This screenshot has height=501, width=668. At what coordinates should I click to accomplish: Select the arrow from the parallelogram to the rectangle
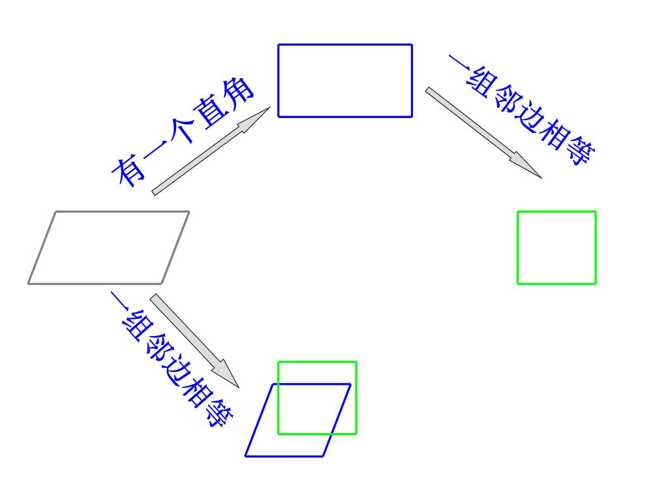[211, 151]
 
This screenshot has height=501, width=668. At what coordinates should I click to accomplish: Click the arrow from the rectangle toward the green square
[483, 133]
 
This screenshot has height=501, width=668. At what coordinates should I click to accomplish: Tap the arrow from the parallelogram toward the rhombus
[194, 341]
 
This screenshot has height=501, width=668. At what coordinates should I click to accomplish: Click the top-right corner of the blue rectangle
[412, 44]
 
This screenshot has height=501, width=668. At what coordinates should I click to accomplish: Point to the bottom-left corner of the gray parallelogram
[29, 283]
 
